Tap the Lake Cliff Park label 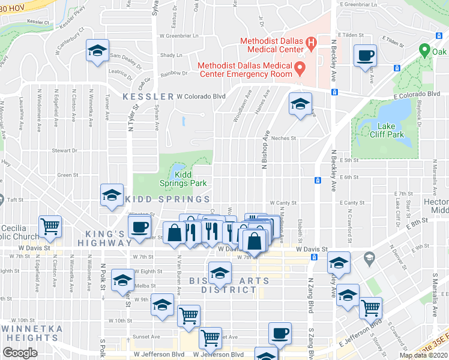coord(391,130)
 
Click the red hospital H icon coord(311,43)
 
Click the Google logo coord(20,353)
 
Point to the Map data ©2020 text coord(423,355)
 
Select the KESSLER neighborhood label coord(148,97)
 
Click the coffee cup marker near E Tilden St coord(365,56)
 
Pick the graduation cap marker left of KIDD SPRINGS coord(112,195)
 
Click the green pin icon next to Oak coord(424,50)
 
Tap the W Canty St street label coord(283,203)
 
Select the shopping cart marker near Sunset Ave coord(210,338)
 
